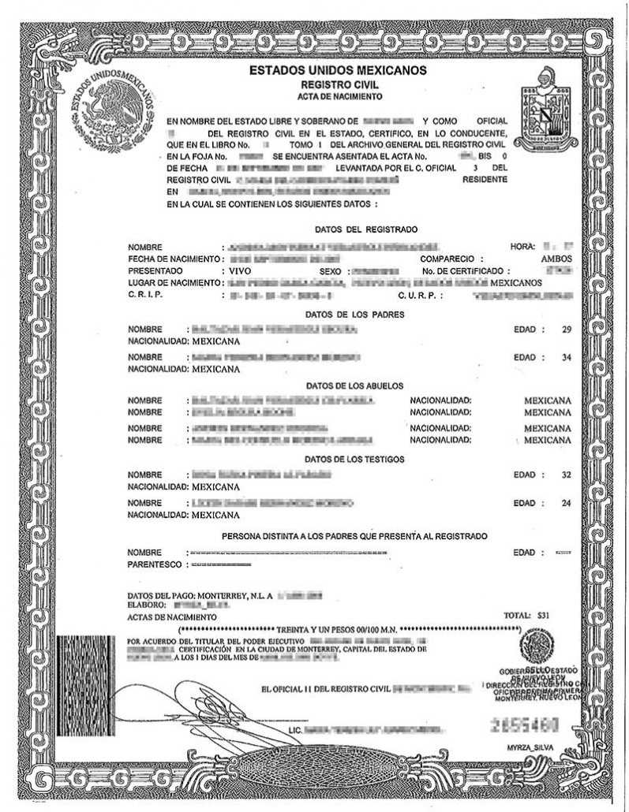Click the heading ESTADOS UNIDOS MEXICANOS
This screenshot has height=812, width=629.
point(338,71)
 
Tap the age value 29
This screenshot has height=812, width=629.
point(565,329)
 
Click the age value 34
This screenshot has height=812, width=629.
point(565,357)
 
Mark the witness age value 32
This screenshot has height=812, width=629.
point(565,475)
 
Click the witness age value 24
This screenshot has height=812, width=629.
point(565,503)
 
